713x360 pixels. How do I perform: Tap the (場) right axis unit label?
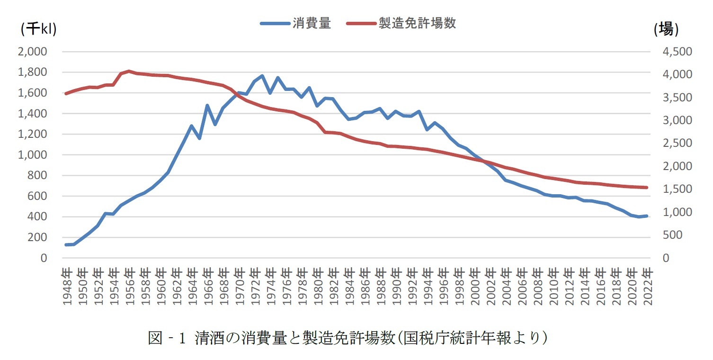click(x=666, y=29)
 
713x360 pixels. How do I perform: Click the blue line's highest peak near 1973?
click(x=262, y=76)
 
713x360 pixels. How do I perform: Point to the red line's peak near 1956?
click(x=129, y=71)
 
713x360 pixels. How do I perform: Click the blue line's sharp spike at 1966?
click(x=207, y=106)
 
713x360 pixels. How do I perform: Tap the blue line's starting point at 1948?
click(x=66, y=245)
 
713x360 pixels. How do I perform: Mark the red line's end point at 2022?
click(x=647, y=188)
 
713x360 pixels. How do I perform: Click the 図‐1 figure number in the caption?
click(x=169, y=338)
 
